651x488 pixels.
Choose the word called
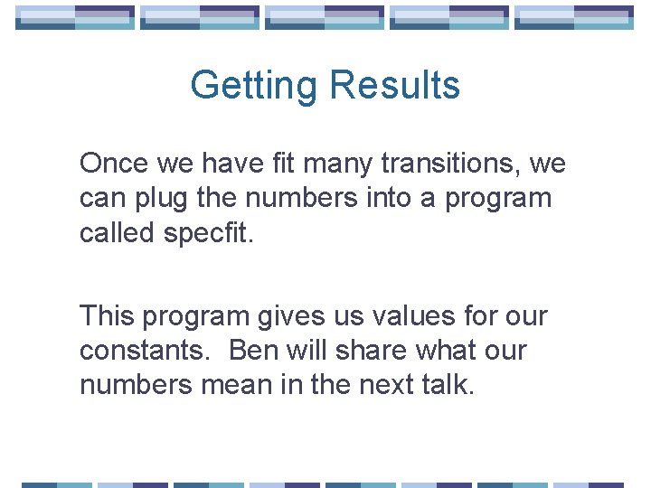[x=118, y=232]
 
